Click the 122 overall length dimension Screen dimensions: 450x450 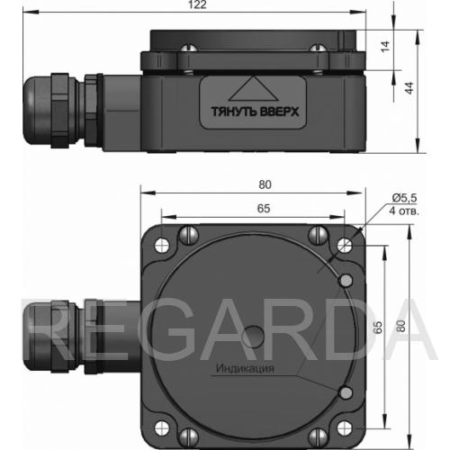197,4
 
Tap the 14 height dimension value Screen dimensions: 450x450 385,46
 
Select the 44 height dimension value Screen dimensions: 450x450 409,87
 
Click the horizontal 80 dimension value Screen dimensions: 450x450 265,184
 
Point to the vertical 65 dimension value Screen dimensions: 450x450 378,327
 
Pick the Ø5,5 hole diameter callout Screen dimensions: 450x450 404,198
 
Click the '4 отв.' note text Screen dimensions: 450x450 404,211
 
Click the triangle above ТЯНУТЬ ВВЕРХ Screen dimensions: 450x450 254,89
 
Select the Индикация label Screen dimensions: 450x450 245,368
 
